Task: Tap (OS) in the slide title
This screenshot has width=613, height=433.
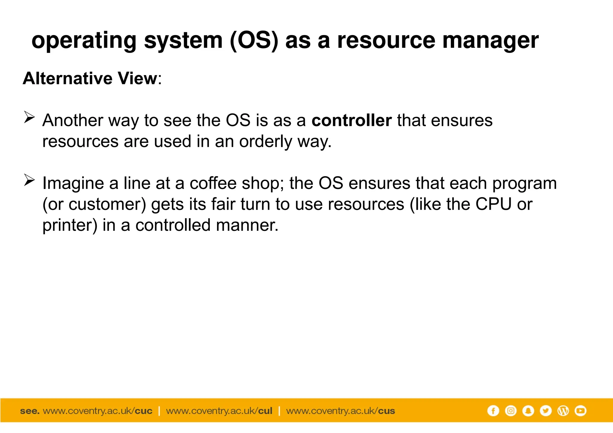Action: [254, 41]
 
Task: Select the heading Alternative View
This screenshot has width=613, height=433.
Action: [90, 79]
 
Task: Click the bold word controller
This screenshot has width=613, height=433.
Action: [351, 121]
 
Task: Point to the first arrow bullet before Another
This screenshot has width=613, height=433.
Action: [29, 117]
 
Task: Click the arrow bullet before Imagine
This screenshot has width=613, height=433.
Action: [29, 180]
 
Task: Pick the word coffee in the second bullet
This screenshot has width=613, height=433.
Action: [213, 183]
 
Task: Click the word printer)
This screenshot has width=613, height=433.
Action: [70, 225]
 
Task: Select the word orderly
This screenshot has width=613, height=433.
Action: [265, 141]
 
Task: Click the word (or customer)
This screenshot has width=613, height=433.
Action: [94, 205]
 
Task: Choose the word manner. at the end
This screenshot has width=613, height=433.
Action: [247, 225]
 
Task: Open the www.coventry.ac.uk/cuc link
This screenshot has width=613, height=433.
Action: [98, 411]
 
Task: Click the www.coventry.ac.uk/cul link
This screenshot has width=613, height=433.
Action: [219, 411]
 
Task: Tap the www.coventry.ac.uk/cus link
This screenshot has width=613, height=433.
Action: [341, 411]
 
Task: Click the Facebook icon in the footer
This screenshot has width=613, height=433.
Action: [493, 411]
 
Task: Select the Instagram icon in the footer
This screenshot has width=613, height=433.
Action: [511, 411]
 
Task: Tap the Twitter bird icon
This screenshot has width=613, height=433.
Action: [546, 411]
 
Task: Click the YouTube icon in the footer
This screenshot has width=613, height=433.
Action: [580, 411]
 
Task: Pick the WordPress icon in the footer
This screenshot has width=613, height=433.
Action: [563, 411]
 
